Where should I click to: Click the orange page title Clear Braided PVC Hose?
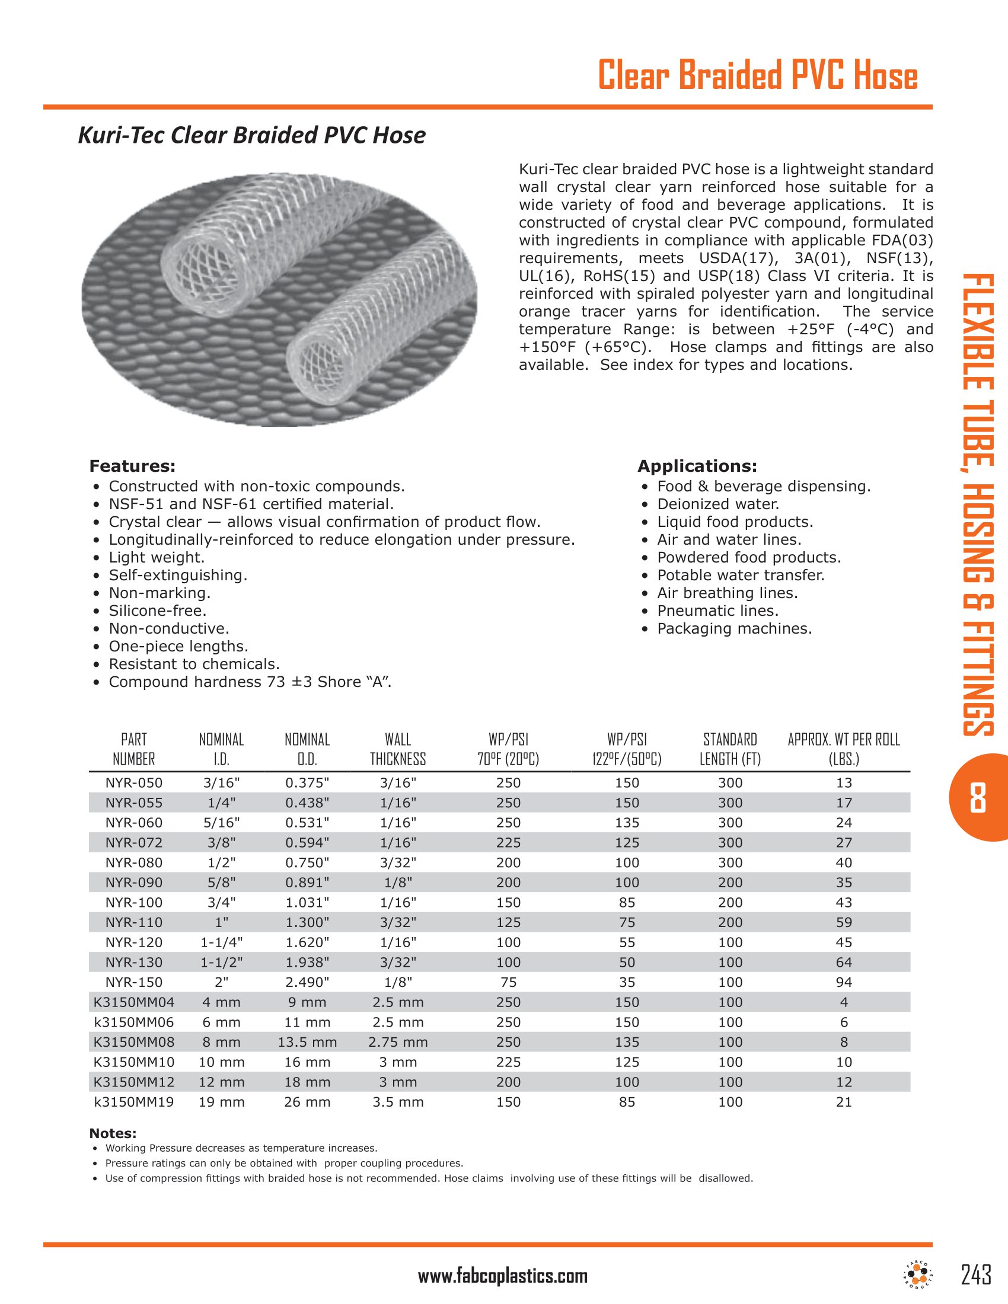click(757, 76)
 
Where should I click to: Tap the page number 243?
click(976, 1274)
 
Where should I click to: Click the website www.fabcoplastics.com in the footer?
click(502, 1276)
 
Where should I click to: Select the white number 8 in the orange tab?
click(978, 798)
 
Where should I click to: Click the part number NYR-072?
click(134, 842)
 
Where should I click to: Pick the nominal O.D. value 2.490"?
click(307, 982)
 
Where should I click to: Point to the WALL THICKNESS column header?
click(398, 749)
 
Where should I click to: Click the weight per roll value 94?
click(843, 982)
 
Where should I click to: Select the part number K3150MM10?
click(134, 1062)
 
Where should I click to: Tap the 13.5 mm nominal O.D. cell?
click(307, 1042)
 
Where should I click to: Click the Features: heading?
click(132, 466)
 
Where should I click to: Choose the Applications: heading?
click(697, 466)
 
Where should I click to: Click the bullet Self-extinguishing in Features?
click(177, 576)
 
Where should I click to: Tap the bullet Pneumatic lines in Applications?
click(717, 611)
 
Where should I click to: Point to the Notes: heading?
click(113, 1133)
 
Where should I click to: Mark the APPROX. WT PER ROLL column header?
click(843, 749)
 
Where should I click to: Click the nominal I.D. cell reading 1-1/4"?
click(222, 942)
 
